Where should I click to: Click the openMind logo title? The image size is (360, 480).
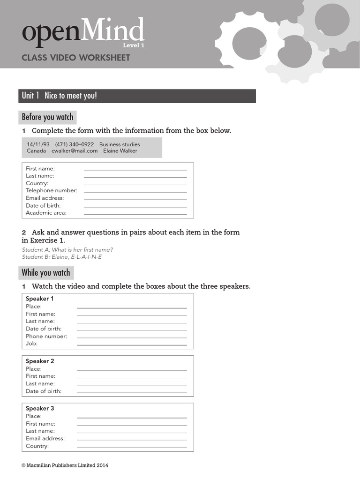click(x=82, y=33)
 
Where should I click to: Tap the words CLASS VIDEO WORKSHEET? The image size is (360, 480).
click(x=76, y=58)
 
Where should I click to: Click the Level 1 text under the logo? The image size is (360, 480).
click(x=134, y=45)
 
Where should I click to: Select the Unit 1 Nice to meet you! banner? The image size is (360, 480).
click(x=137, y=96)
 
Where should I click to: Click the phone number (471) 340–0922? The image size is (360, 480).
click(x=75, y=144)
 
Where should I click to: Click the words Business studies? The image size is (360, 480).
click(x=120, y=144)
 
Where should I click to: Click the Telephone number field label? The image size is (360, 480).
click(x=52, y=191)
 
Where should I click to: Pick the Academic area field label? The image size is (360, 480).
click(x=46, y=213)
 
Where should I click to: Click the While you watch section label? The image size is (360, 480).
click(x=46, y=273)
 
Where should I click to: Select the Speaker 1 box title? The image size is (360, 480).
click(x=40, y=299)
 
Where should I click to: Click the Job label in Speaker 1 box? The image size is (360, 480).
click(x=31, y=344)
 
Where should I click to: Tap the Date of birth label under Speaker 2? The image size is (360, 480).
click(x=44, y=391)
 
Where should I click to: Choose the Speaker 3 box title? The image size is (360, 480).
click(x=40, y=408)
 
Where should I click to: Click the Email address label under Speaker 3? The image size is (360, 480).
click(x=45, y=438)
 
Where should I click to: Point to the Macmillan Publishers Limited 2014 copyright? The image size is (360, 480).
click(x=65, y=465)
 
